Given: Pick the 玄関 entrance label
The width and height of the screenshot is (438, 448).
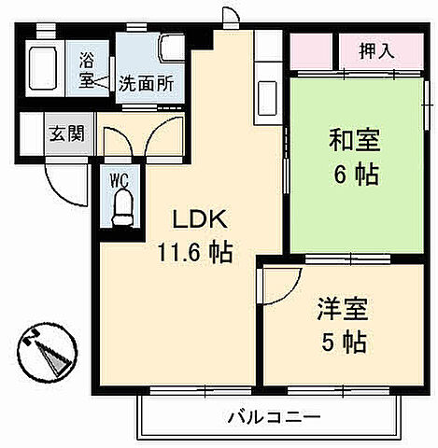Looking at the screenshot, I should [x=66, y=133].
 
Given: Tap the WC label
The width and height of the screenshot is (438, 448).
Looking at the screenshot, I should [x=119, y=180].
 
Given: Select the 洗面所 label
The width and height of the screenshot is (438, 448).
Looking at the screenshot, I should [x=145, y=82].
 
